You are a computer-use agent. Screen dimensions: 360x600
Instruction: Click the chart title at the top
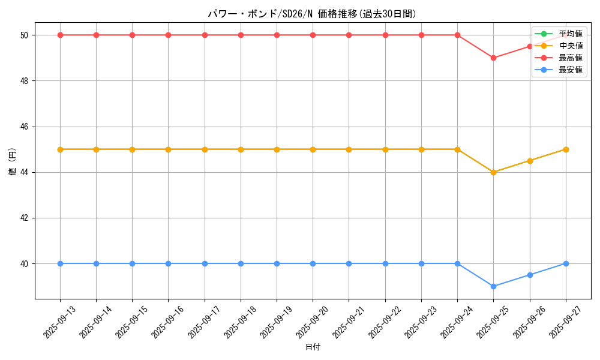[x=312, y=14]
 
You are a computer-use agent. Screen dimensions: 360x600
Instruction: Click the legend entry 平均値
[x=570, y=34]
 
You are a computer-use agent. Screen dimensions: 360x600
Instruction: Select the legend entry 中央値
[x=570, y=46]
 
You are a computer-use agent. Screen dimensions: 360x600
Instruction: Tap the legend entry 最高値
[x=570, y=58]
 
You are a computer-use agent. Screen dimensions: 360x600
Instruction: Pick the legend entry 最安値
[x=570, y=70]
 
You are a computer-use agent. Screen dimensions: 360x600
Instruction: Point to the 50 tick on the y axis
[x=25, y=35]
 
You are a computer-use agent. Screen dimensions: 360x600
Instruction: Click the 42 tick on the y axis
[x=25, y=218]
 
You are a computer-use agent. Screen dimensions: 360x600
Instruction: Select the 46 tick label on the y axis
[x=25, y=127]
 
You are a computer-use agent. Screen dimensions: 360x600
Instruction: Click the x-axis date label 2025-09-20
[x=313, y=321]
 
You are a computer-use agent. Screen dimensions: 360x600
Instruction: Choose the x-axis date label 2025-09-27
[x=566, y=321]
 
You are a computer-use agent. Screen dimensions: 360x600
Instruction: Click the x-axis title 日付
[x=313, y=347]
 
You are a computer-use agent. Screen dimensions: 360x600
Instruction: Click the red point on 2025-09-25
[x=493, y=58]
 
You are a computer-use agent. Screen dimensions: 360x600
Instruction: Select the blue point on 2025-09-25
[x=493, y=286]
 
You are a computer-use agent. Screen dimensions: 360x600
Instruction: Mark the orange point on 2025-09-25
[x=493, y=172]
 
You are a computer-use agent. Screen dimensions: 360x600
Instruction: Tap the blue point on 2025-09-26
[x=530, y=275]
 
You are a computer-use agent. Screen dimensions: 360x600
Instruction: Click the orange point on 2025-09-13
[x=60, y=149]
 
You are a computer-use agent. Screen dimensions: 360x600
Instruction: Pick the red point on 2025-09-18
[x=241, y=35]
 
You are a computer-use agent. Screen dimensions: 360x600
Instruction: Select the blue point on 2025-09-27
[x=566, y=263]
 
